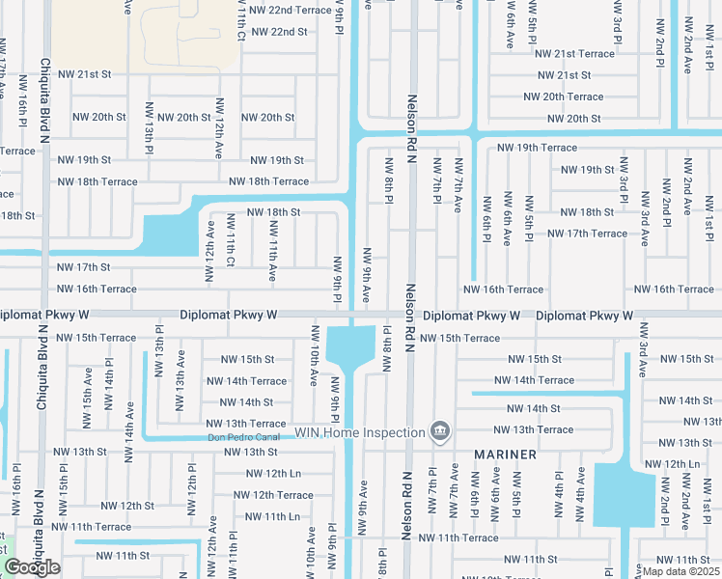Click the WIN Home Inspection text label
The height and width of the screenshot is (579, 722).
(360, 431)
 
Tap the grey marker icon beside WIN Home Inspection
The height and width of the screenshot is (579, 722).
(440, 430)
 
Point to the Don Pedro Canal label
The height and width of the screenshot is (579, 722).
(244, 437)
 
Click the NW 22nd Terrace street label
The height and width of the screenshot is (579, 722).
(290, 10)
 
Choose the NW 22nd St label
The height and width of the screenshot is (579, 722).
(279, 31)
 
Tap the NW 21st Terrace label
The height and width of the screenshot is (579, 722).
(575, 53)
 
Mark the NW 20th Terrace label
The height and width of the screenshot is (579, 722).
(563, 96)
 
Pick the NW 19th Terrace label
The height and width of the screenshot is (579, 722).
(537, 148)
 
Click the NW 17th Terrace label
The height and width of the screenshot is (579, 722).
(587, 233)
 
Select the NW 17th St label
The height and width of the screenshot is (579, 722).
(84, 266)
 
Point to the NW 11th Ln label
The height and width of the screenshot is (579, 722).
(273, 516)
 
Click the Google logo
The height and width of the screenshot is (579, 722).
(32, 567)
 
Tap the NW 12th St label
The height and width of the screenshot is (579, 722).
(126, 506)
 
